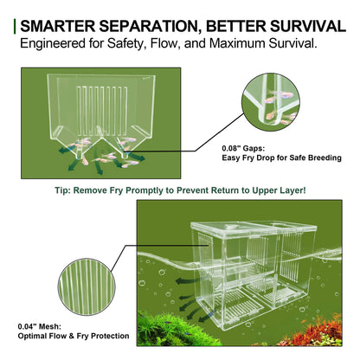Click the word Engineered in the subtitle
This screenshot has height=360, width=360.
pos(53,42)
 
